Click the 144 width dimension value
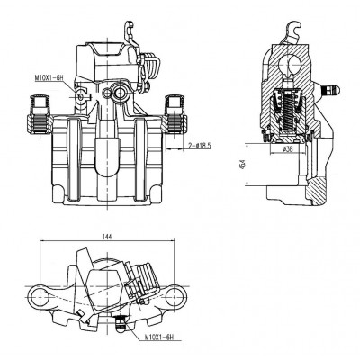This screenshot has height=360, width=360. pos(107,237)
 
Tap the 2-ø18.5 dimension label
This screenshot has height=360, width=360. pos(200,146)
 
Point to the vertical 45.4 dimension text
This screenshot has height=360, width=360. pos(243,165)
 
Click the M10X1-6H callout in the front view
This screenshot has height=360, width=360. pos(49,78)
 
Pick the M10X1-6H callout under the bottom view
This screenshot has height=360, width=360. pos(159,337)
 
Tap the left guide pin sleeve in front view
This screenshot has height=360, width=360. pos(40,114)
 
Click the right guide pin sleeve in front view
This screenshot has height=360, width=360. pos(175,114)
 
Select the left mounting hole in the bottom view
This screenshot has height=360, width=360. pos(40,296)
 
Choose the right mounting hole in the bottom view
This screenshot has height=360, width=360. pos(175,296)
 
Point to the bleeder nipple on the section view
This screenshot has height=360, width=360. pos(329,90)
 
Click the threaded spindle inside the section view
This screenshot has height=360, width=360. pos(289,115)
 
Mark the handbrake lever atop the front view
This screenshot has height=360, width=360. pos(130,34)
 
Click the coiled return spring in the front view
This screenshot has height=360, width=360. pos(150,67)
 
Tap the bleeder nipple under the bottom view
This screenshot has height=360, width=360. pos(121,323)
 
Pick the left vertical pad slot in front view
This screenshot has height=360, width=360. pos(74,159)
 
